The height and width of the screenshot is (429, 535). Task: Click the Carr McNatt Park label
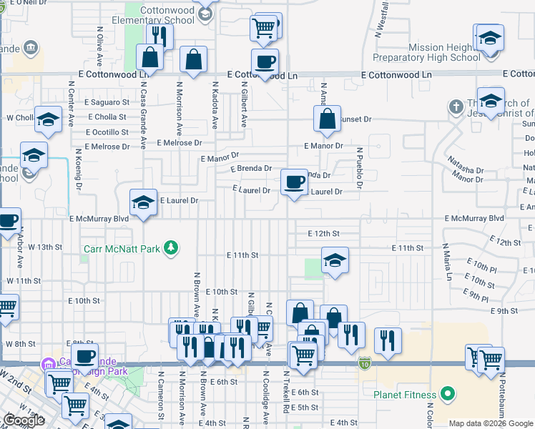coord(121,249)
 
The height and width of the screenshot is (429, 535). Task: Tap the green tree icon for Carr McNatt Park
coord(171,248)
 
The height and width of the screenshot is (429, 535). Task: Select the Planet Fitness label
coord(404,394)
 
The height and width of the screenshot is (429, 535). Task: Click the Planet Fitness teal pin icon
coord(447,393)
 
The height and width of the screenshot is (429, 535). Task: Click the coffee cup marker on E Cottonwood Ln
coord(265,61)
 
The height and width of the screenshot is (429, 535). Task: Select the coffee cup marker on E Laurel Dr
coord(294,182)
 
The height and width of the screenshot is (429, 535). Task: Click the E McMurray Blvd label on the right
coord(474,218)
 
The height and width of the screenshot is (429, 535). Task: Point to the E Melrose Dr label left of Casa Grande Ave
coord(107,147)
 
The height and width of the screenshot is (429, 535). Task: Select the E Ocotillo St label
coord(109,132)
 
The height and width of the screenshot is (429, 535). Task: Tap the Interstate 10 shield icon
coord(365,363)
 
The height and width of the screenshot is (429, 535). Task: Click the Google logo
coord(24,420)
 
